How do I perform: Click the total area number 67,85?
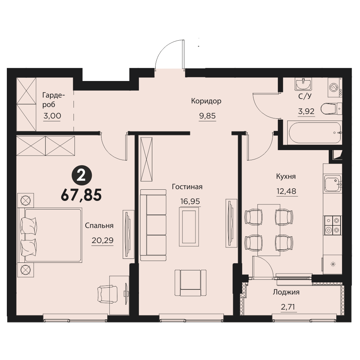[x=81, y=195]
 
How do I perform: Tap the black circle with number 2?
[x=82, y=176]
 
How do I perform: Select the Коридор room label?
[x=206, y=101]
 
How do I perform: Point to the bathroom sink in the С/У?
[x=303, y=85]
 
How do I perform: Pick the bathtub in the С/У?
[x=315, y=133]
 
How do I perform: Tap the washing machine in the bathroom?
[x=334, y=87]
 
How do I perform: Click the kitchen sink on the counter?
[x=332, y=184]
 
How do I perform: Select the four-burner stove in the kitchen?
[x=332, y=225]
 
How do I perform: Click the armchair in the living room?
[x=190, y=283]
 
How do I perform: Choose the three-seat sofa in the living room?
[x=153, y=225]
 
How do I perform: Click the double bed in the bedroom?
[x=50, y=235]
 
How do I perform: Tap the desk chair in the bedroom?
[x=107, y=294]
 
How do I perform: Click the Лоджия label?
[x=286, y=292]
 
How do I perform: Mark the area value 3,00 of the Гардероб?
[x=52, y=116]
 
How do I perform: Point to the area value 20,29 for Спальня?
[x=102, y=240]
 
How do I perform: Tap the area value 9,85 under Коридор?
[x=207, y=116]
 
